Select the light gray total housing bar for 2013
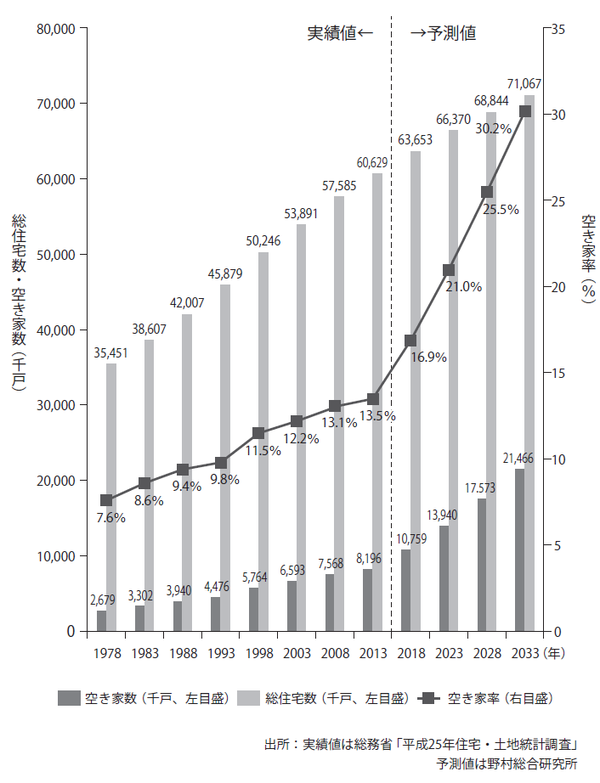(x=377, y=400)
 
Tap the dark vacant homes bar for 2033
(x=520, y=550)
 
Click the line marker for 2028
(x=487, y=192)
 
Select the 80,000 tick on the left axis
(x=55, y=28)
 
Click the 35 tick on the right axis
(x=559, y=28)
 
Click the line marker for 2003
(x=297, y=421)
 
